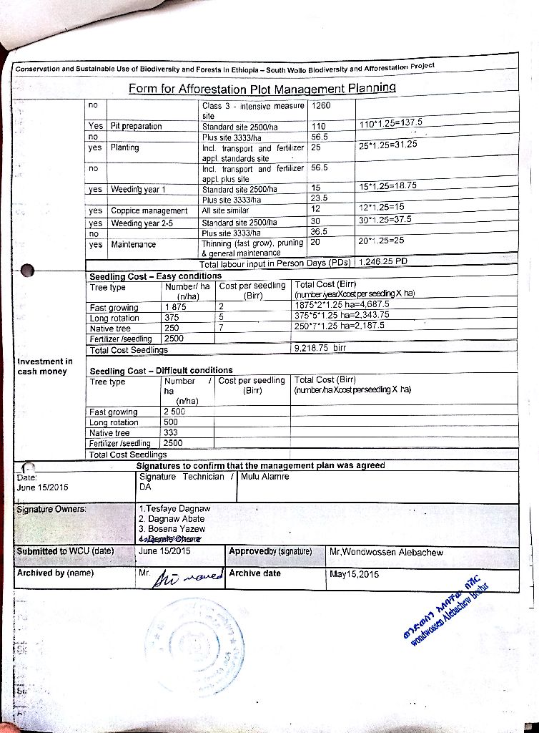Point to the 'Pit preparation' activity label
[x=136, y=126]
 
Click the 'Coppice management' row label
[x=149, y=210]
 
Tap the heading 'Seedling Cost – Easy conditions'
[x=155, y=276]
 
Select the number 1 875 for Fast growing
[x=176, y=307]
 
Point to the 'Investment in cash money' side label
[x=44, y=366]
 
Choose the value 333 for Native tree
[x=171, y=432]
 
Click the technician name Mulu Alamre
[x=265, y=476]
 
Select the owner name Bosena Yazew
[x=172, y=529]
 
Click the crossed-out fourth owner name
[x=171, y=539]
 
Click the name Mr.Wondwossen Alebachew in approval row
[x=386, y=552]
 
